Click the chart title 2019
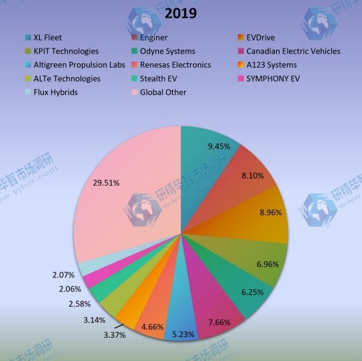click(181, 13)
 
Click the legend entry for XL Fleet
click(47, 38)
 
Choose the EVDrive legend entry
click(260, 38)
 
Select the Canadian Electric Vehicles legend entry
click(293, 51)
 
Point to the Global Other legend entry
click(163, 92)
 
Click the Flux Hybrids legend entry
click(55, 92)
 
